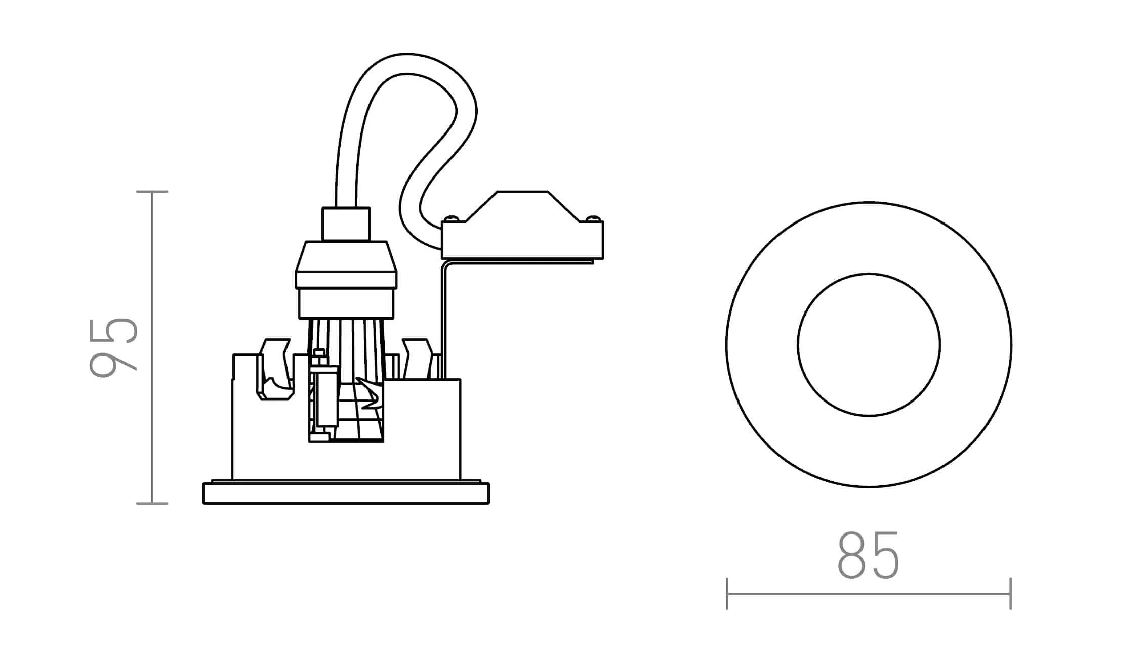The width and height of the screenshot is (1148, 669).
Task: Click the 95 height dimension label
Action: click(113, 347)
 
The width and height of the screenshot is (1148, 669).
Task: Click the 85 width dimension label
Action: click(869, 555)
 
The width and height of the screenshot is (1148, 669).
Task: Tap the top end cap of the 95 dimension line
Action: click(152, 192)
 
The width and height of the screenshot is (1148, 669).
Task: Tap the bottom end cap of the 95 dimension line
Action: click(152, 503)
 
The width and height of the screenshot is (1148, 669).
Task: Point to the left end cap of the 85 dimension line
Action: click(727, 594)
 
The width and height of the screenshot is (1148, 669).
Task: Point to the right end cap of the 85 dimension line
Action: click(1010, 594)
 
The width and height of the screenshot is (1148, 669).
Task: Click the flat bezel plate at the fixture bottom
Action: click(346, 494)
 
